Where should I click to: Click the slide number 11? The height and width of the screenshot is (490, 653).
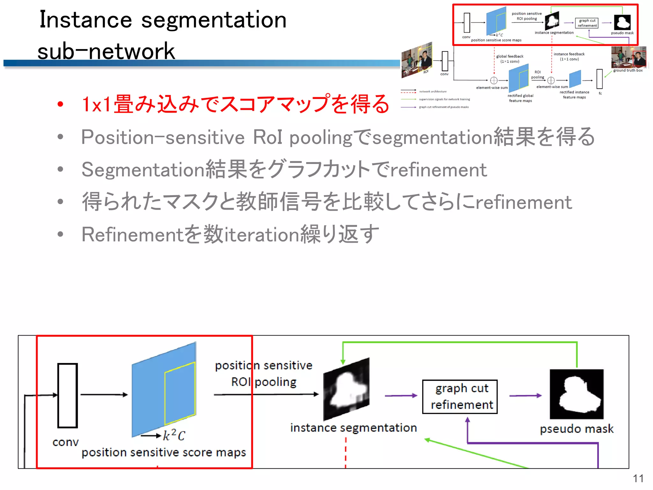[638, 479]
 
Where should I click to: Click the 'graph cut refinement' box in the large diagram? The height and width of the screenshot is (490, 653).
[460, 397]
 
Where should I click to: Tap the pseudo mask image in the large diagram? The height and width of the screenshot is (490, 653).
[576, 394]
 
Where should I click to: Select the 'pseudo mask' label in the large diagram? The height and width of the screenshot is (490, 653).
[576, 429]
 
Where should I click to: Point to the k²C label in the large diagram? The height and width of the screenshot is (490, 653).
[174, 435]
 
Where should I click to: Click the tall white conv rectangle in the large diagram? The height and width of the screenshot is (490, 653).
[68, 395]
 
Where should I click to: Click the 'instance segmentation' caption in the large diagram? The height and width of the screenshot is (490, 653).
[353, 428]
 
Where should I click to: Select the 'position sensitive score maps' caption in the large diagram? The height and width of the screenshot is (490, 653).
[164, 452]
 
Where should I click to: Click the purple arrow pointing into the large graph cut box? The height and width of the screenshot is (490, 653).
[401, 396]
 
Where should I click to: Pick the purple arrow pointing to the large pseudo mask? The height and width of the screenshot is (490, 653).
[525, 396]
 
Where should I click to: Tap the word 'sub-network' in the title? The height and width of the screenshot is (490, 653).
[106, 51]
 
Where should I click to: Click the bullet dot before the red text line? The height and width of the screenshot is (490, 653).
[60, 104]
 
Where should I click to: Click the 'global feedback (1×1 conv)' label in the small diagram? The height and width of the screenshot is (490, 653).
[510, 59]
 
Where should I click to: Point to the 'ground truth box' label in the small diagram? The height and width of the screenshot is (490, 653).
[627, 71]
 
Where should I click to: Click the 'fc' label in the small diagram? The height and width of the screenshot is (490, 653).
[600, 93]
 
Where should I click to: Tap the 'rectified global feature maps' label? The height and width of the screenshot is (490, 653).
[520, 98]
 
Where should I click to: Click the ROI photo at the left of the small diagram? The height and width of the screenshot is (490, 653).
[417, 60]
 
